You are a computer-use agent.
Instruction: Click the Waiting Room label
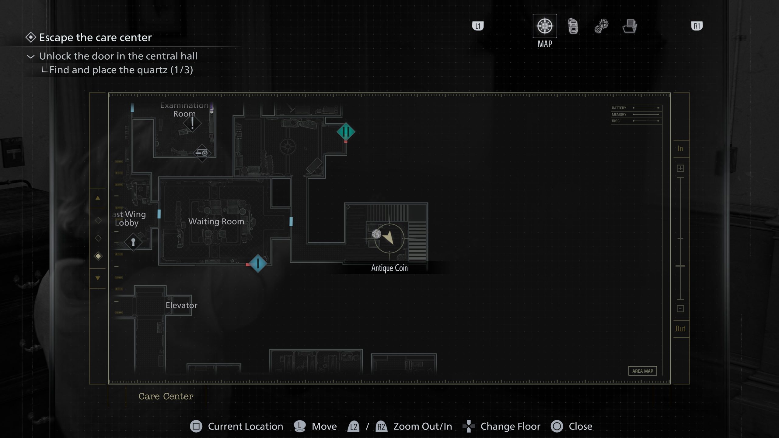point(216,221)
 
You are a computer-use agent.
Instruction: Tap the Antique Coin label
point(389,268)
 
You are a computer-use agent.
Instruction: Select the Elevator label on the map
point(181,305)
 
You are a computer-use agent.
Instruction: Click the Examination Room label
point(184,109)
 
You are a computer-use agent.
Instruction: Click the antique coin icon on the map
point(376,234)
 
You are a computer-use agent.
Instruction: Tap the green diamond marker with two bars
point(346,132)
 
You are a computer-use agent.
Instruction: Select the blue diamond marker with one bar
point(258,263)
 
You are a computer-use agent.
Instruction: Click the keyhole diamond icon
point(133,242)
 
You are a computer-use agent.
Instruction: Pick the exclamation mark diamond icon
point(192,123)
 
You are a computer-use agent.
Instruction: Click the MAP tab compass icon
point(545,26)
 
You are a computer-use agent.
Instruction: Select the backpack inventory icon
point(573,26)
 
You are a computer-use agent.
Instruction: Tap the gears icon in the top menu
point(601,26)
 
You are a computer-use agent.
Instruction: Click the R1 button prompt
point(697,26)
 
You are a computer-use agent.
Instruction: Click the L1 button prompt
point(478,26)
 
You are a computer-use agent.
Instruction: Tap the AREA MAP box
point(642,371)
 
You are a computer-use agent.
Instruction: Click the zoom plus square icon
point(680,169)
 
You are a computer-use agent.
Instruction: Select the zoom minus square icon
point(680,309)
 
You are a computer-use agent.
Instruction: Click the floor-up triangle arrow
point(98,198)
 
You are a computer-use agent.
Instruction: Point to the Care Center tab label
point(166,396)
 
